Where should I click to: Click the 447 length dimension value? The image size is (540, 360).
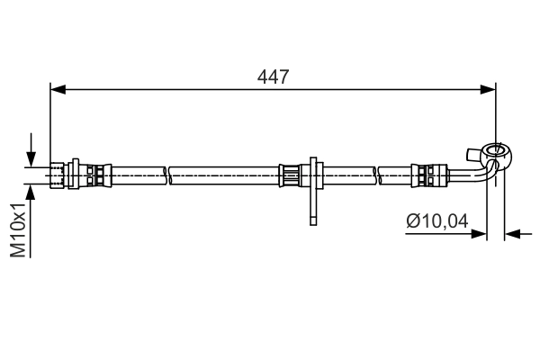coord(273,76)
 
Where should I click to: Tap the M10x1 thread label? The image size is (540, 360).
coord(18,229)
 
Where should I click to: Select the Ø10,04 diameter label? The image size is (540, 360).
coord(437,220)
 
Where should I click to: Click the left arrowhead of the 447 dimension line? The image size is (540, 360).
coord(58,90)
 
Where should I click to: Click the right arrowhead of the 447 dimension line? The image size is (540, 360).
coord(488,90)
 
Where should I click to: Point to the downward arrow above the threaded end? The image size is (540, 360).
coord(31,150)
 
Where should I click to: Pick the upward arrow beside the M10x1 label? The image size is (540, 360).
coord(31,220)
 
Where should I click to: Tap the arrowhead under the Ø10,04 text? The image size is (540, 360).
coord(479,234)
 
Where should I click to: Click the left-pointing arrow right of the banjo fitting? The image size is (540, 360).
coord(518,235)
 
